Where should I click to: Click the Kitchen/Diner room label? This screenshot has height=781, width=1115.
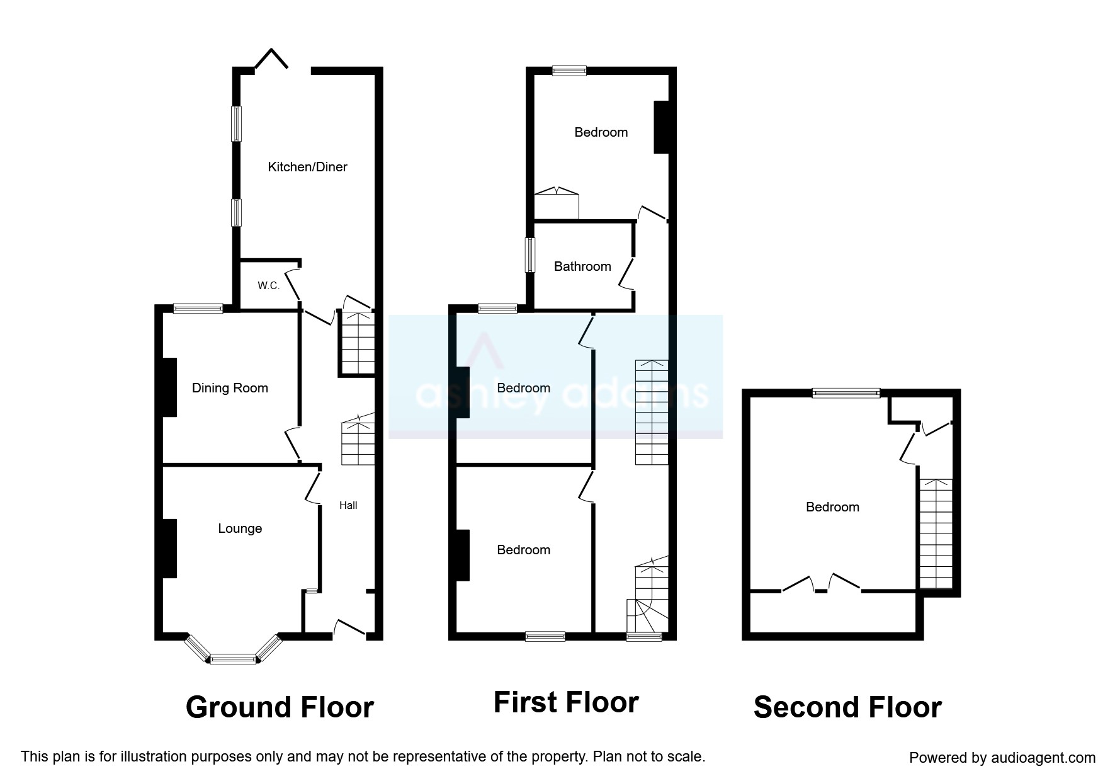(x=307, y=167)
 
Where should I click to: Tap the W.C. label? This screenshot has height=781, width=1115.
(x=268, y=286)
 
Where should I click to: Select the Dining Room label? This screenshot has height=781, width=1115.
(x=230, y=388)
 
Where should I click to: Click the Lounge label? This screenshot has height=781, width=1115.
(x=240, y=528)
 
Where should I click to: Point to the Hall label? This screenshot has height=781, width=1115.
(x=348, y=505)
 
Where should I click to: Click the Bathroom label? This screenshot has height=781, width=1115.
(x=582, y=266)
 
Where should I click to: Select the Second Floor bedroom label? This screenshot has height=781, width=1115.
(x=832, y=507)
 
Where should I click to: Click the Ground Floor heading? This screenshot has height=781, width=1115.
(x=280, y=707)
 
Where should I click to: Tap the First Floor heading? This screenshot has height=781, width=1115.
(x=566, y=702)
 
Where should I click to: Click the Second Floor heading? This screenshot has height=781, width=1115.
(x=847, y=707)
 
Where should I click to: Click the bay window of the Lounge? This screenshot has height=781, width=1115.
(x=233, y=659)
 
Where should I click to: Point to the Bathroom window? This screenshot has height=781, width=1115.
(x=530, y=255)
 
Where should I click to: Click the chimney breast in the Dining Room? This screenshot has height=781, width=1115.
(x=168, y=387)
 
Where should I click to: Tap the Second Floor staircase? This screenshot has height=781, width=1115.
(x=936, y=533)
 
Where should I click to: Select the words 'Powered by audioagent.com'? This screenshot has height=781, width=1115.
(x=1002, y=758)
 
